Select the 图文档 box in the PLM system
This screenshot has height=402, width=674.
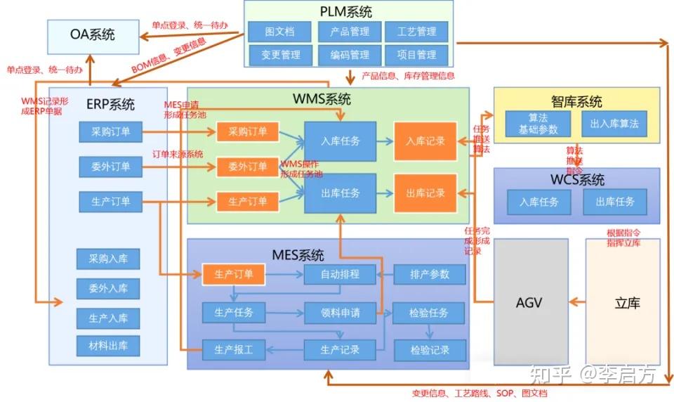pyautogui.click(x=279, y=32)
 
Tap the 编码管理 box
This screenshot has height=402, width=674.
pyautogui.click(x=345, y=55)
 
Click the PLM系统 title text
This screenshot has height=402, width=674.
pyautogui.click(x=346, y=11)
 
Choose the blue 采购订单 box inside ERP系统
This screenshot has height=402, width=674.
pyautogui.click(x=110, y=131)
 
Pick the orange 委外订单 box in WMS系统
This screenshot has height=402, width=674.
pyautogui.click(x=247, y=167)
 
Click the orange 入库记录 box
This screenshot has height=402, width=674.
pyautogui.click(x=425, y=141)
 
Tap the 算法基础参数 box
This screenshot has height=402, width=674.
pyautogui.click(x=538, y=124)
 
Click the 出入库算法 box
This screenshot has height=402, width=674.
pyautogui.click(x=614, y=124)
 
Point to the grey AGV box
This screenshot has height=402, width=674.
pyautogui.click(x=529, y=303)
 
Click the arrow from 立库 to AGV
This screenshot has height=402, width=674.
pyautogui.click(x=576, y=303)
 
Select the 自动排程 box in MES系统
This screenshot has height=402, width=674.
pyautogui.click(x=341, y=274)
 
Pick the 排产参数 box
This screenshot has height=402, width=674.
pyautogui.click(x=430, y=274)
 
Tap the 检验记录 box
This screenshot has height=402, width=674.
pyautogui.click(x=430, y=349)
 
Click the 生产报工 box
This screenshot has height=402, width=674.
pyautogui.click(x=233, y=349)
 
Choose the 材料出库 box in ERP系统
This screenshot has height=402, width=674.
pyautogui.click(x=108, y=345)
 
